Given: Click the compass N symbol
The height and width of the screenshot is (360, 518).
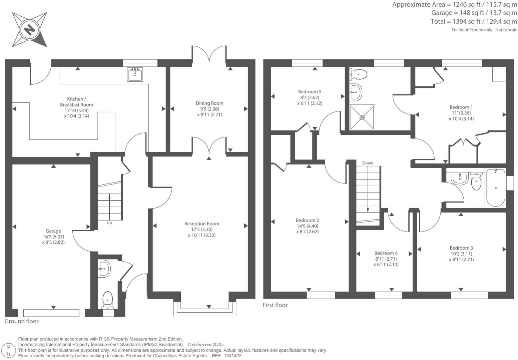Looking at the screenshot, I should (29, 30).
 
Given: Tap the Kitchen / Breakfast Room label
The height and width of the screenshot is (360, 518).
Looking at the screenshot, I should (76, 102).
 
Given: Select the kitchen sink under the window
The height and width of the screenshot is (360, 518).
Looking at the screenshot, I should (135, 74).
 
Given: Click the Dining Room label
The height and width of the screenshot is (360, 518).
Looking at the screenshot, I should (209, 103).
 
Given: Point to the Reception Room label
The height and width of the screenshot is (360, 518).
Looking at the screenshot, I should (202, 224).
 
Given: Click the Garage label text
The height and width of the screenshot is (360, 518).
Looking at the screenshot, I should (53, 231).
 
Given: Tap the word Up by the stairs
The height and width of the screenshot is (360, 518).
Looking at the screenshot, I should (109, 223).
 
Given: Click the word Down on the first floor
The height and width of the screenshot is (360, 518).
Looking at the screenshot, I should (368, 163).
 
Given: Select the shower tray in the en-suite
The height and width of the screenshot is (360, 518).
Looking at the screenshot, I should (362, 117).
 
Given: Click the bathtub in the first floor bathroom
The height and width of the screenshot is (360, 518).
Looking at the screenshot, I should (496, 188).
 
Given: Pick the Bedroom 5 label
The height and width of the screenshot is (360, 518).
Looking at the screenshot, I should (310, 92).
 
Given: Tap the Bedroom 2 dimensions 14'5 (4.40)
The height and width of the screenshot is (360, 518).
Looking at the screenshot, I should (307, 226).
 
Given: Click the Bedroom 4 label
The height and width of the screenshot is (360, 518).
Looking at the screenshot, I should (386, 253).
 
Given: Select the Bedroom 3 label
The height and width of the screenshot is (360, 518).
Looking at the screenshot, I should (461, 248).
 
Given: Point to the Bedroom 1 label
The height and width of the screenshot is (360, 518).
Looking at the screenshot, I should (461, 107).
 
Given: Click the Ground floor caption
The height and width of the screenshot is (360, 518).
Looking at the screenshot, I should (22, 321).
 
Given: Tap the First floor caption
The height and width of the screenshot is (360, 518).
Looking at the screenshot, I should (275, 305).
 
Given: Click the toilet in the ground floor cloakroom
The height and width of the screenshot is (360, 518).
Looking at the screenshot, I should (108, 299).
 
